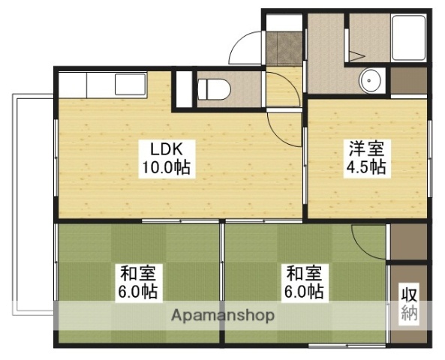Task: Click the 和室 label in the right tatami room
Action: [x=302, y=271]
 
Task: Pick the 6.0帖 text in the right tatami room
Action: [x=302, y=291]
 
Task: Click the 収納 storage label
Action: [x=408, y=303]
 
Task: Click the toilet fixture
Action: [x=213, y=88]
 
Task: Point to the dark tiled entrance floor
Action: [x=284, y=48]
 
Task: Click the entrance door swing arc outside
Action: [x=246, y=48]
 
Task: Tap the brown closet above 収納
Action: [x=408, y=241]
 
